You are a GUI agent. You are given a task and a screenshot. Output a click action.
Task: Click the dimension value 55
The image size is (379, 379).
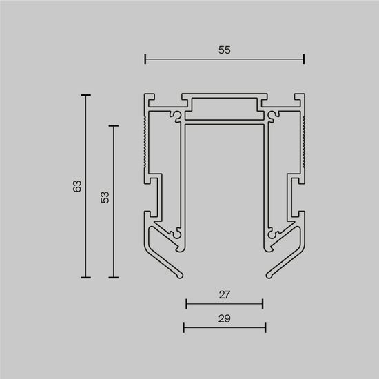click(225, 50)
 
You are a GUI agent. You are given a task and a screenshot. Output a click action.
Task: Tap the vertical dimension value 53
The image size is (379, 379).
click(104, 198)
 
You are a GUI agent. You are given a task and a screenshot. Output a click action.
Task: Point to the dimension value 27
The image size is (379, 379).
click(224, 294)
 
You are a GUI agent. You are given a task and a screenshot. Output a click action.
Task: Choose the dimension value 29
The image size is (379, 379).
click(224, 318)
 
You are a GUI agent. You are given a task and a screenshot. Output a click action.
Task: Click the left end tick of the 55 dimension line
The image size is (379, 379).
click(145, 60)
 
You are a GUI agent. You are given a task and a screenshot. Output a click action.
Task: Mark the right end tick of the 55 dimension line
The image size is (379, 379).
click(304, 60)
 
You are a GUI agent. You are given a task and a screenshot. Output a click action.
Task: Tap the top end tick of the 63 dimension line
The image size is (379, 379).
click(86, 96)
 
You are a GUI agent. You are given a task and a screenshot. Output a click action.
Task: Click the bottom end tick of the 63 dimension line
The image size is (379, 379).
click(86, 277)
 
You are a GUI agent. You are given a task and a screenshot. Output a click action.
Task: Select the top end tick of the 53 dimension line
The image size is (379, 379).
click(114, 125)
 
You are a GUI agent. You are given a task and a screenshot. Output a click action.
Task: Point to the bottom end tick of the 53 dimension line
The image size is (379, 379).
click(114, 277)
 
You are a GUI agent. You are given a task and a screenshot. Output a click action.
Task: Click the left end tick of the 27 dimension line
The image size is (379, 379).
click(186, 303)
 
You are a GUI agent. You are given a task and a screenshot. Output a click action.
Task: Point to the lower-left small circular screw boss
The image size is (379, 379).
click(180, 234)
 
